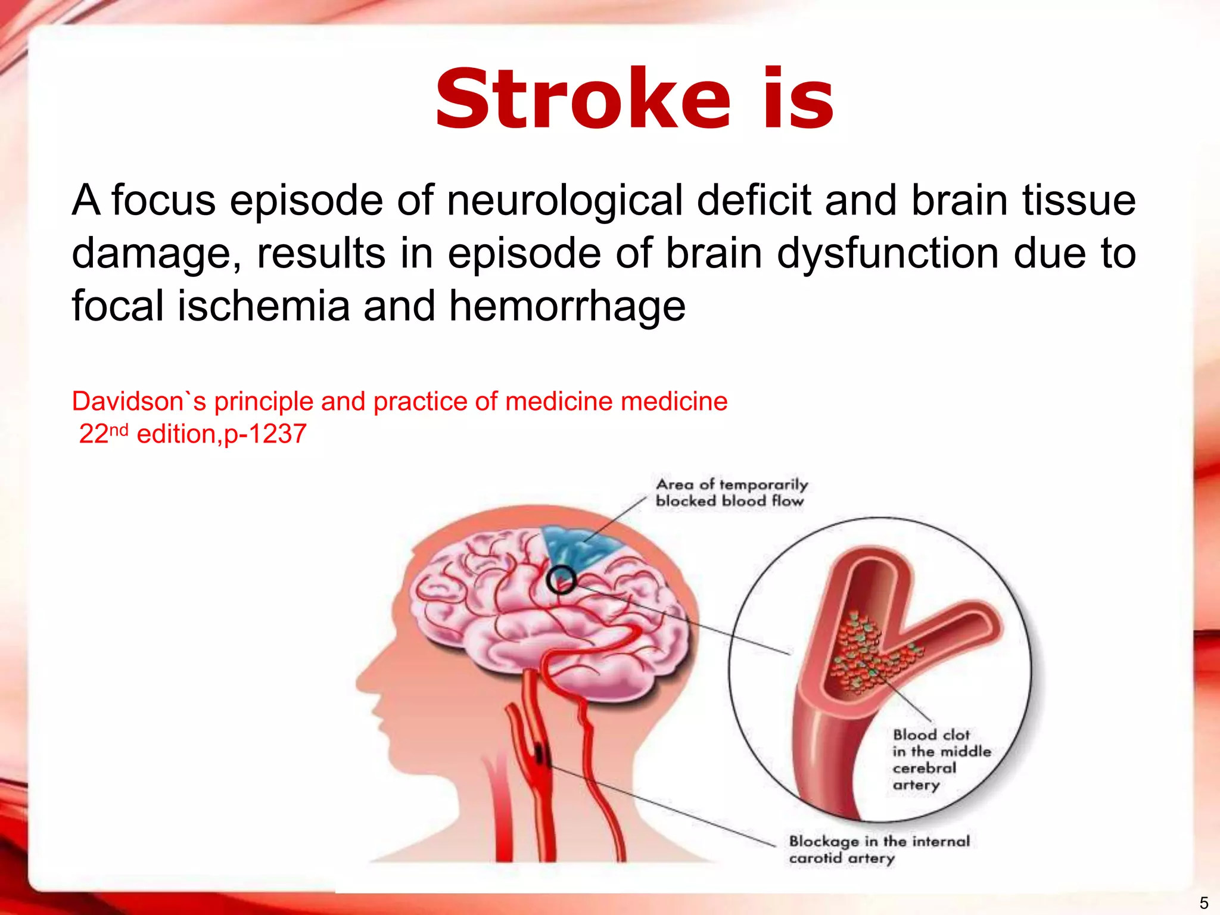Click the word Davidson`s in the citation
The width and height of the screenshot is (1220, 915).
tap(139, 402)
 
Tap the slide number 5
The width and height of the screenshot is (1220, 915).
tap(1203, 903)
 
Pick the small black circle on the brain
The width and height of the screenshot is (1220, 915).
tap(561, 580)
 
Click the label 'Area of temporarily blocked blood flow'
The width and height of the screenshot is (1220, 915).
tap(731, 493)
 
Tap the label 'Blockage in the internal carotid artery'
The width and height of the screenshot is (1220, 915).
tap(879, 849)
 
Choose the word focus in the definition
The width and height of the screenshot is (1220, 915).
tap(163, 201)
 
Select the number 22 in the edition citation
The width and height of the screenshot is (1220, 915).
tap(94, 434)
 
